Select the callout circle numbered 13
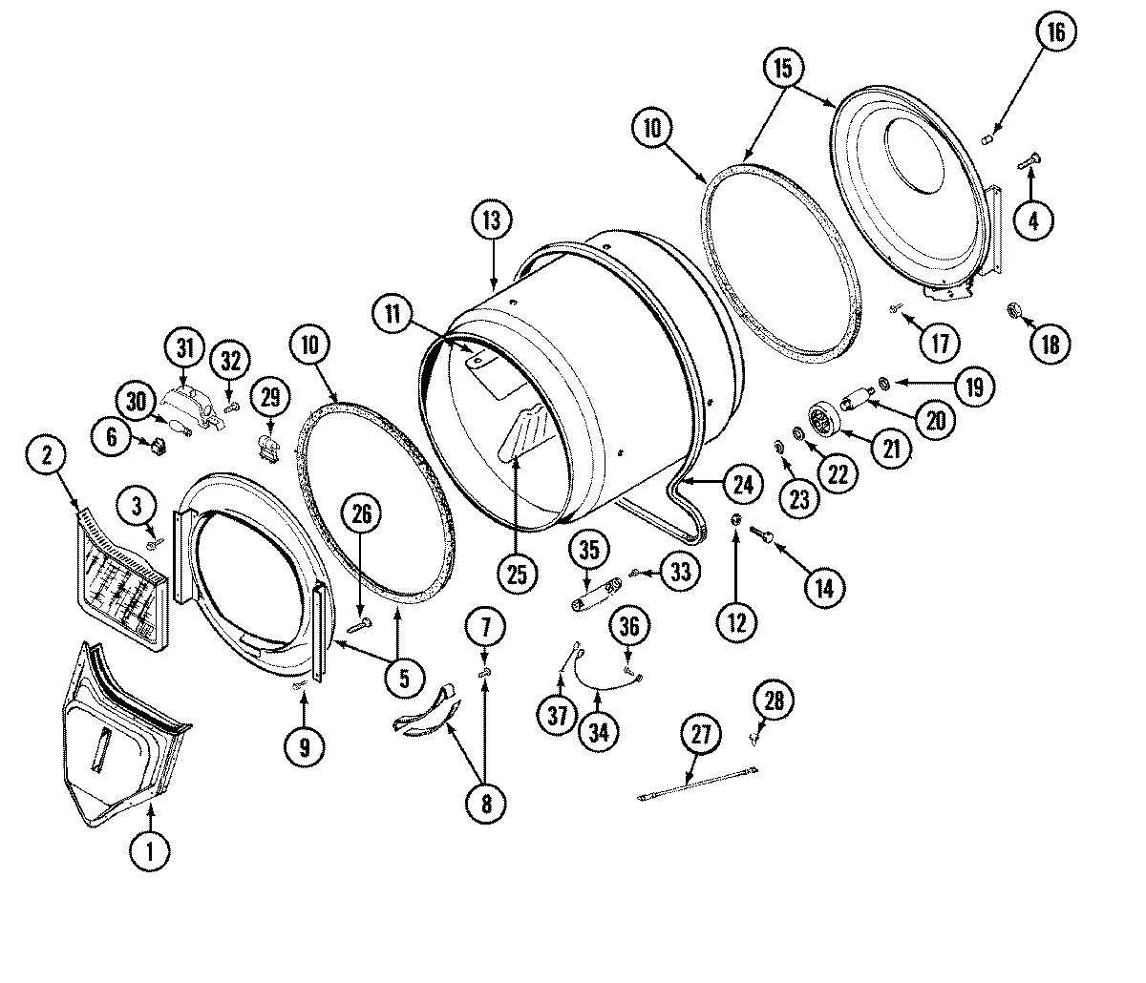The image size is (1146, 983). (x=491, y=220)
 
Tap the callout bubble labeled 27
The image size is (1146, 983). (x=702, y=736)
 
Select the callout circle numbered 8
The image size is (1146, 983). (x=485, y=803)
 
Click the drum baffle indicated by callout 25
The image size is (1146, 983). (x=523, y=429)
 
